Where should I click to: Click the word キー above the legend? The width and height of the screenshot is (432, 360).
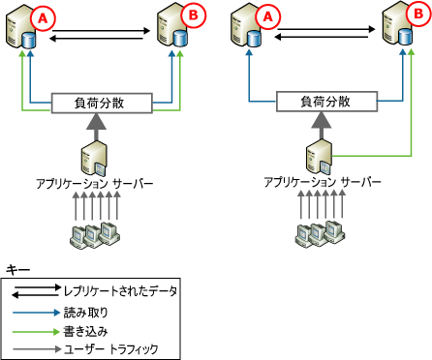16,267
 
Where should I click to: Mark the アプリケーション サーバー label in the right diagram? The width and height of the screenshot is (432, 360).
316,181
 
